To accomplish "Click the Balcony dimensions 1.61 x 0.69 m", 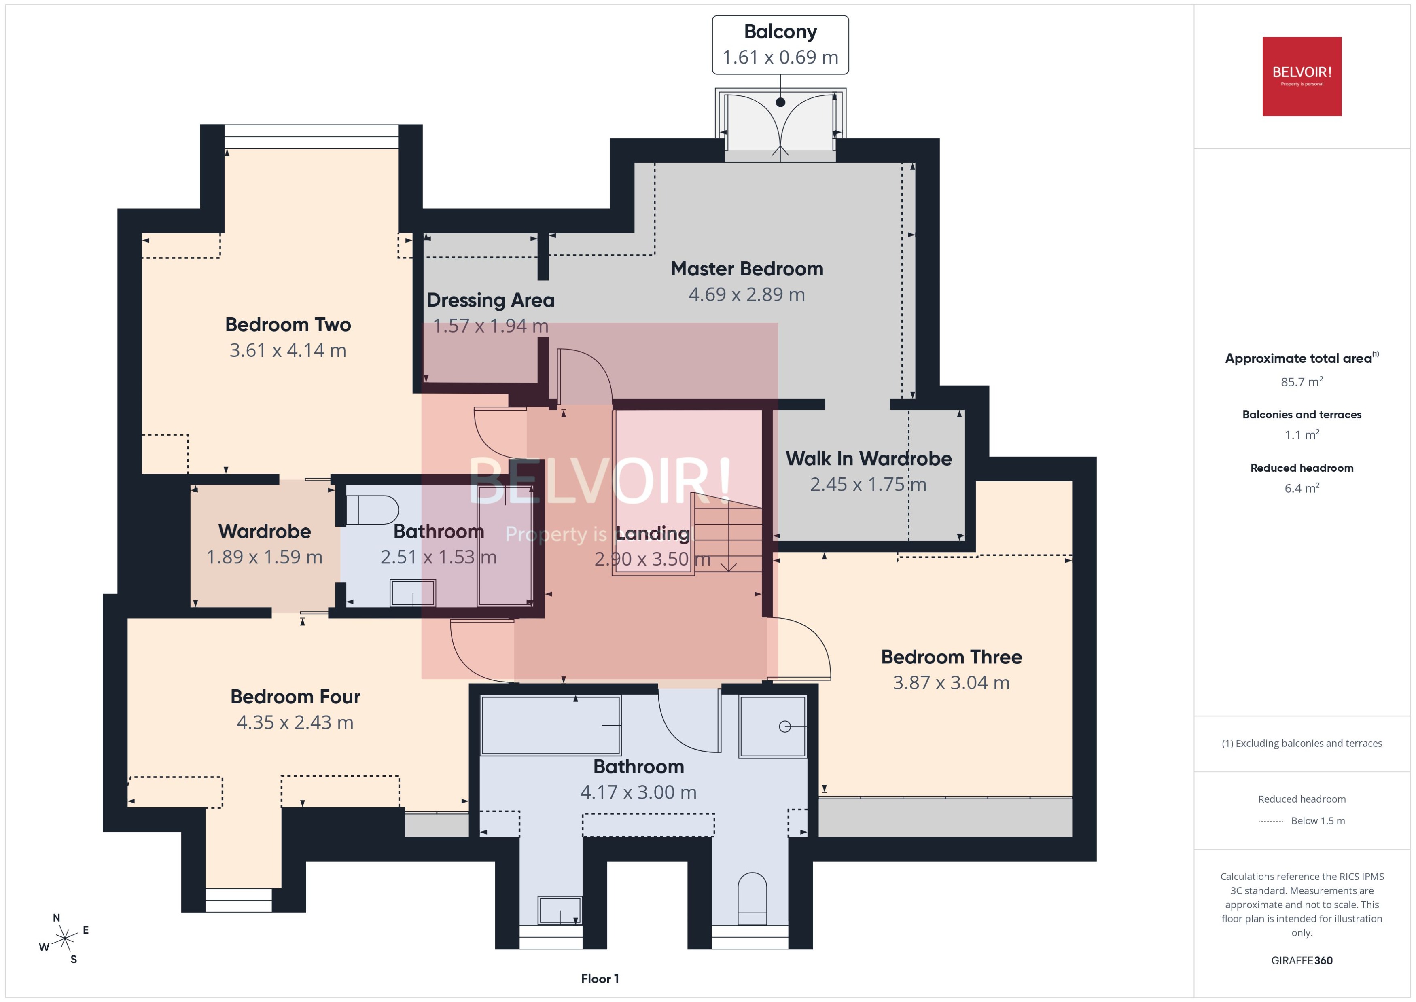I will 780,57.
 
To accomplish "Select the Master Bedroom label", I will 746,269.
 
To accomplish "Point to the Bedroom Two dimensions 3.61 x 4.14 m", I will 288,350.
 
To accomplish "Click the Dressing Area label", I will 490,301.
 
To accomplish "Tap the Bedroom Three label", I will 951,657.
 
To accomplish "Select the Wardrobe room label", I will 264,531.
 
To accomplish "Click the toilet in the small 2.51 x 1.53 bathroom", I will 372,510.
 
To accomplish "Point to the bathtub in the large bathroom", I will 550,725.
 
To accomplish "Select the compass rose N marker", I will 56,918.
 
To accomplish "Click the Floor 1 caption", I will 600,979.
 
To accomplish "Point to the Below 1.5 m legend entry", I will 1317,821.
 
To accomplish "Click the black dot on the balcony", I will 780,102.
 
